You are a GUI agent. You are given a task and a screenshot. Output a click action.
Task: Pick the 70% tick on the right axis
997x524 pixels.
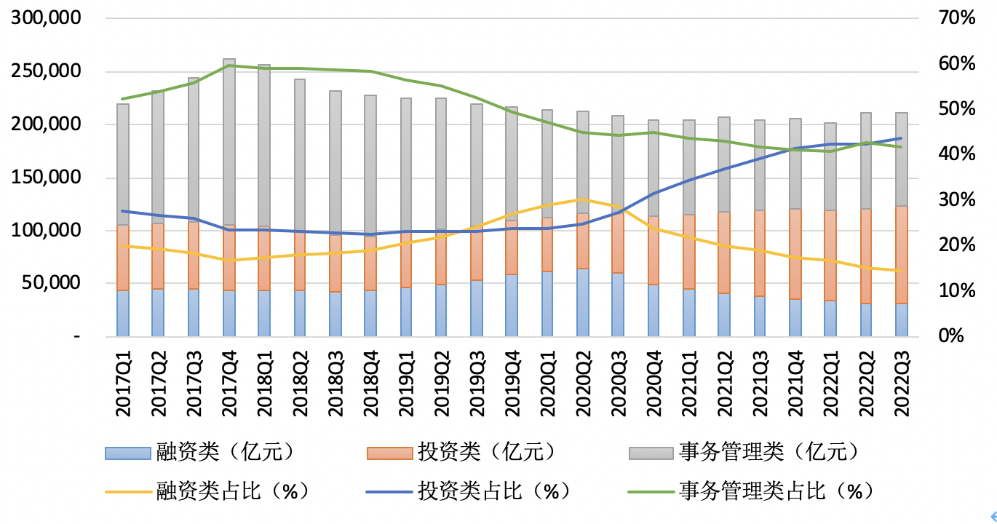[x=957, y=19]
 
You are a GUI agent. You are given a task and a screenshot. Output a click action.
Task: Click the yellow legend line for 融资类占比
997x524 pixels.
[x=127, y=491]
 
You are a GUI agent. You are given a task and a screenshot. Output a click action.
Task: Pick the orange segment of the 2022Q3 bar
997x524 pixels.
[x=902, y=255]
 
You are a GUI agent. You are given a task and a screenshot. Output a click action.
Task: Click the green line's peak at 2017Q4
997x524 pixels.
[x=229, y=65]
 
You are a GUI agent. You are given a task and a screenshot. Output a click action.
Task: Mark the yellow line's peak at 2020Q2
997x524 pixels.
[x=583, y=199]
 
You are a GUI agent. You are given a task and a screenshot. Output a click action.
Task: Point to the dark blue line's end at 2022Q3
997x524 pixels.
[x=902, y=138]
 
